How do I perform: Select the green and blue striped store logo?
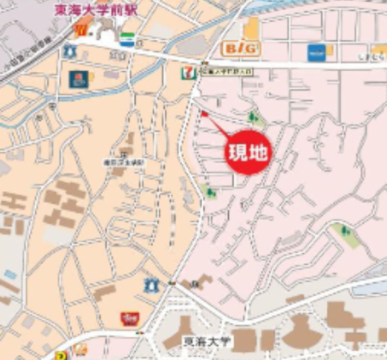point(127,40)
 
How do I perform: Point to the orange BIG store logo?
point(240,49)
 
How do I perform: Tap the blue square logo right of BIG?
point(316,53)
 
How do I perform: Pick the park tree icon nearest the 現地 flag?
point(252,117)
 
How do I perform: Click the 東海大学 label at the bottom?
point(207,342)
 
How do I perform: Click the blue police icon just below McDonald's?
point(68,52)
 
